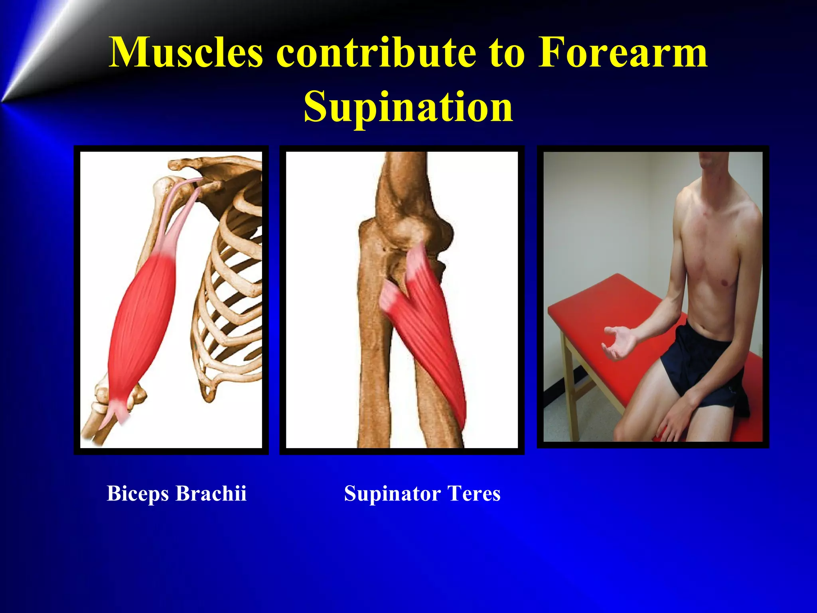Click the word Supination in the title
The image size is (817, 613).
point(408,107)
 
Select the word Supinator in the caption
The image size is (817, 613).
point(392,494)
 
